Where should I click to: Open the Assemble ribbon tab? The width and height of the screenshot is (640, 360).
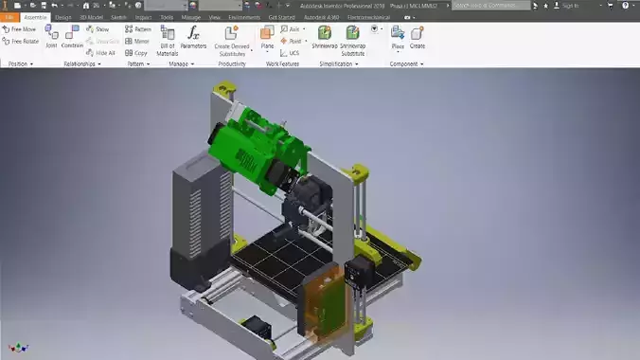(x=35, y=17)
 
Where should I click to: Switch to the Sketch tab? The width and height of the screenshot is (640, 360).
(x=119, y=17)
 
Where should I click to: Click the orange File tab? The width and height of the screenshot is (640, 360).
(x=9, y=17)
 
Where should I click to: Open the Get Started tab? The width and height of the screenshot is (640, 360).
(x=281, y=17)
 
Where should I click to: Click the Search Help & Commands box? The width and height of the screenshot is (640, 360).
(x=492, y=6)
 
